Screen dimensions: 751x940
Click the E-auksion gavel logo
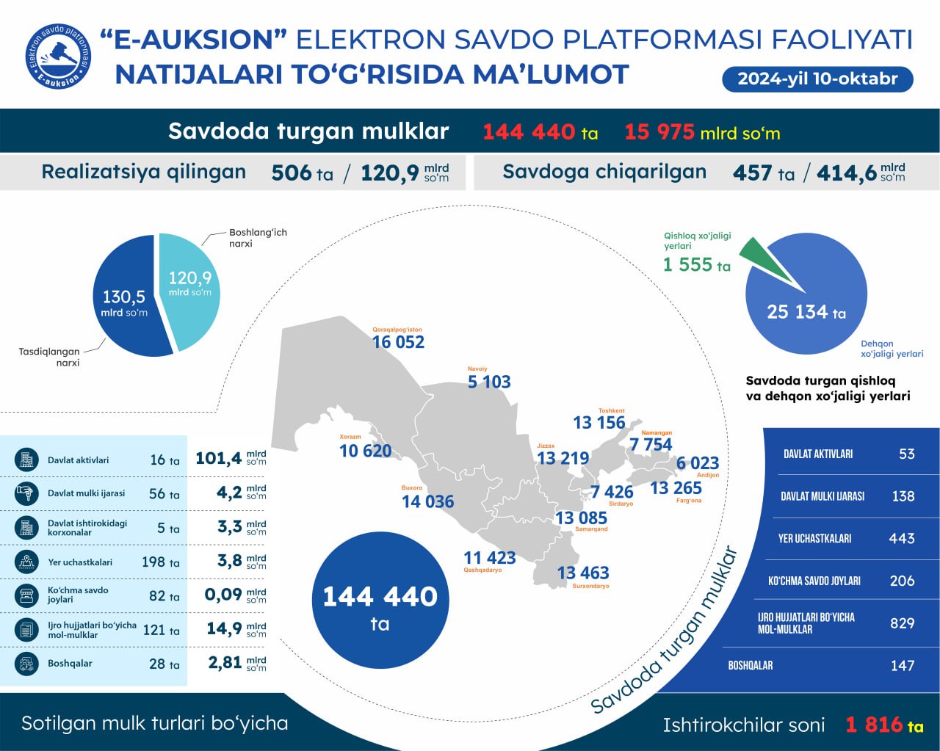click(59, 56)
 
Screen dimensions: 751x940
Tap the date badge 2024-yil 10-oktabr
click(817, 79)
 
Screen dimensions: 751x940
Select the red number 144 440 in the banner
click(529, 132)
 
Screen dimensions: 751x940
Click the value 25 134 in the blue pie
click(797, 312)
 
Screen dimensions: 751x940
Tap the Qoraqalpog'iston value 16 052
click(398, 342)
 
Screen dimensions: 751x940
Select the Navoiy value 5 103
click(489, 382)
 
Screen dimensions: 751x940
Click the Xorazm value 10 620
click(365, 451)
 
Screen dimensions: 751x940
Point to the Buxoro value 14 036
click(427, 502)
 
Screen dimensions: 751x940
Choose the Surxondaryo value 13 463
click(583, 573)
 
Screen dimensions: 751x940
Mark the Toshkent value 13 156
click(599, 423)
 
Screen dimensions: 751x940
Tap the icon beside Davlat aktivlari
click(27, 460)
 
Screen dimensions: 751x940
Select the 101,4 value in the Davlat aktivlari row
click(218, 459)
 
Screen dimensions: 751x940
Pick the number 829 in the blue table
click(902, 623)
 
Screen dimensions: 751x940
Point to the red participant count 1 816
click(874, 725)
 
